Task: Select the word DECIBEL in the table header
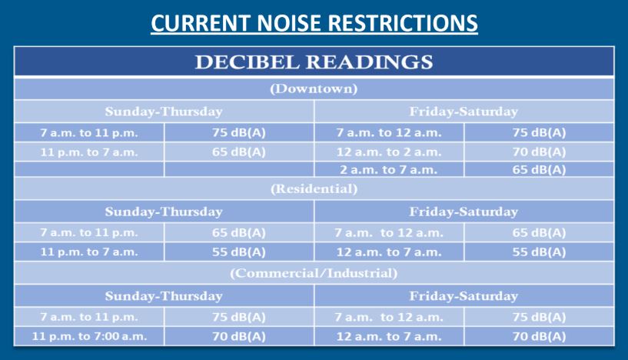pos(247,62)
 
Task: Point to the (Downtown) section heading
pos(314,88)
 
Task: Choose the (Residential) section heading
pos(314,188)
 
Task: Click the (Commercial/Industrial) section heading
pos(314,273)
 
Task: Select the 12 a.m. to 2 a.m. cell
pos(389,152)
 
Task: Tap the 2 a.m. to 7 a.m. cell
pos(389,169)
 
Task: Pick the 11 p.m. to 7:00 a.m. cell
pos(89,336)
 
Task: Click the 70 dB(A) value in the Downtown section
pos(539,152)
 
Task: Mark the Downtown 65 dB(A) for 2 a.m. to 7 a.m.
pos(539,169)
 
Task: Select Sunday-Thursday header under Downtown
pos(164,112)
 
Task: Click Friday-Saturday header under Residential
pos(464,212)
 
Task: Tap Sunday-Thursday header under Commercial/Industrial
pos(164,296)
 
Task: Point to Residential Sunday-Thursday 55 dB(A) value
pos(239,252)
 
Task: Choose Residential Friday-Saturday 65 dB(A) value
pos(539,232)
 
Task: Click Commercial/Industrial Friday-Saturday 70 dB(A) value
pos(539,336)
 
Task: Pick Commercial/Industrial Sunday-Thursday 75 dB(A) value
pos(239,317)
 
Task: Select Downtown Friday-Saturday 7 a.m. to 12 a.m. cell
pos(389,133)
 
